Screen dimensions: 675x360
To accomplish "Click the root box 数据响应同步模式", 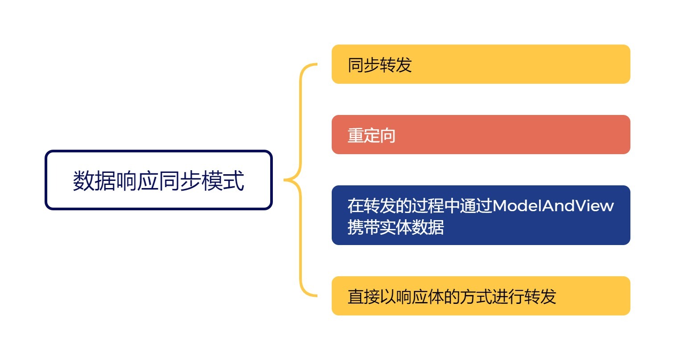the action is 158,180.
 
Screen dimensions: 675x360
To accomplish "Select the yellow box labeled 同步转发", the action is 481,64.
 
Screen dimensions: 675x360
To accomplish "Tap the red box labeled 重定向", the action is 481,135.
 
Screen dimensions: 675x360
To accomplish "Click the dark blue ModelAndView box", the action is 481,215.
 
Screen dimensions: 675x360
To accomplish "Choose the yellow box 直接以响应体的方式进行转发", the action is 481,296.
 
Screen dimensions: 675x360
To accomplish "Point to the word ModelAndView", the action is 553,206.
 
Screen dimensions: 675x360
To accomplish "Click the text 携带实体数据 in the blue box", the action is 395,227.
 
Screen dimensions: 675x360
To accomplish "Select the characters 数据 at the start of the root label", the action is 94,181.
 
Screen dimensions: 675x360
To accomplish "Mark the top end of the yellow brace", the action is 315,65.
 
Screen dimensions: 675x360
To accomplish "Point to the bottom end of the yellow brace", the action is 315,295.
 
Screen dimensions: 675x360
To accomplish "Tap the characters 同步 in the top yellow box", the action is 363,65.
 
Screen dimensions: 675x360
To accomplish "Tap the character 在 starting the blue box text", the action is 355,206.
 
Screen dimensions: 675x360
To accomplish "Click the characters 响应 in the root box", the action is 137,181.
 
